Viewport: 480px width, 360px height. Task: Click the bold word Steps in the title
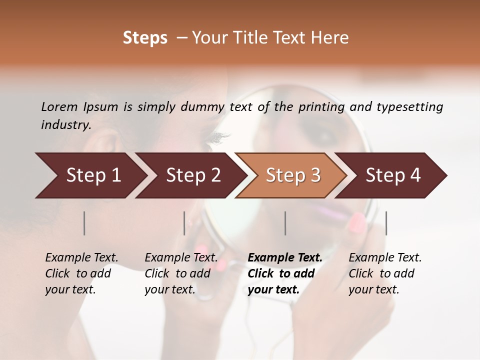(x=145, y=38)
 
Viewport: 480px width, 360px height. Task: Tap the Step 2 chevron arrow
(x=193, y=175)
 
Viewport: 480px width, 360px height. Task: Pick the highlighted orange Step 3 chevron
(x=293, y=175)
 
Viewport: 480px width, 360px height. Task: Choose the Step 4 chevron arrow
(x=393, y=175)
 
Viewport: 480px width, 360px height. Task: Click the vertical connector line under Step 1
(x=84, y=223)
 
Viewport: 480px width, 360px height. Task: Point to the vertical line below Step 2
(x=184, y=223)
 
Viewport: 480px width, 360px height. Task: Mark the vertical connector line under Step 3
(x=285, y=223)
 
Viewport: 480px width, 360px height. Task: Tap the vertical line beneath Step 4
(x=386, y=223)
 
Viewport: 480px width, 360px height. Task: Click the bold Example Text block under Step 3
(x=285, y=273)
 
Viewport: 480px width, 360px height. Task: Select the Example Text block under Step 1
(x=81, y=273)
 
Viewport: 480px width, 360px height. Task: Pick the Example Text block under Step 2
(x=181, y=273)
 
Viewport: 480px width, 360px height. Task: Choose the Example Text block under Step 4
(x=385, y=273)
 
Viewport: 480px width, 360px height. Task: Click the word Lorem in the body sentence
(x=59, y=107)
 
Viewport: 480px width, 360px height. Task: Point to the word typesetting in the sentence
(x=409, y=107)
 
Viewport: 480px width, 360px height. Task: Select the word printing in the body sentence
(x=320, y=107)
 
